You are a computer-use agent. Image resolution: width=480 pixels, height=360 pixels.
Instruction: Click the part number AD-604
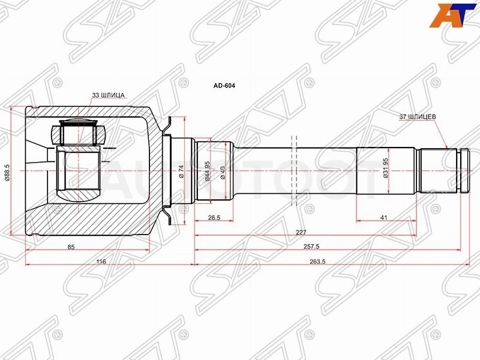coord(224,86)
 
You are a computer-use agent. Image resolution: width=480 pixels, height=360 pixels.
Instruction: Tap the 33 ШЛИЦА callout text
coord(109,95)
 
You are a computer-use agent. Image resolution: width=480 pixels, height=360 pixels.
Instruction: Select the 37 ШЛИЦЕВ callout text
coord(418,117)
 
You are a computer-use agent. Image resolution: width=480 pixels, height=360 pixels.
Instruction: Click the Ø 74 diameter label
coord(181,172)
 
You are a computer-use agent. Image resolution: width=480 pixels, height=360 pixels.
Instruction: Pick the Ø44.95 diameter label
coord(207,171)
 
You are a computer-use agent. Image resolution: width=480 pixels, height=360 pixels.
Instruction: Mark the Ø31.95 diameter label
coord(385,168)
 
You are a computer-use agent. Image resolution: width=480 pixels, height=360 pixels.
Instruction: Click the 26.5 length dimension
coord(214,218)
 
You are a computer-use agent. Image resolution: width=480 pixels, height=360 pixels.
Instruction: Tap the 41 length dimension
coord(383,218)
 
